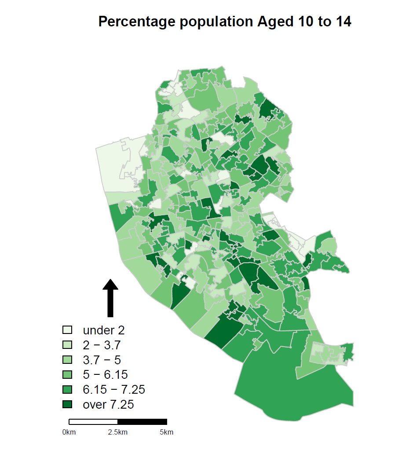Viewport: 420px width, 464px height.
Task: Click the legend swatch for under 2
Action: [x=67, y=330]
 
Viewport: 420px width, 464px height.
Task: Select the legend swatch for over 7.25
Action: [x=67, y=405]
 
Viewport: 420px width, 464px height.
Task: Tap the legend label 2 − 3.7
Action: [x=102, y=345]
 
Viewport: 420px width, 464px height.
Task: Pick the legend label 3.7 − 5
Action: [x=102, y=360]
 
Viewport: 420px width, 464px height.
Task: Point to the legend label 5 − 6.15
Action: [x=105, y=375]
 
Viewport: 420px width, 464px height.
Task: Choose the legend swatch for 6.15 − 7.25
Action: [x=67, y=390]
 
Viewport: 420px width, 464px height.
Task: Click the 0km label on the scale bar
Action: [x=69, y=432]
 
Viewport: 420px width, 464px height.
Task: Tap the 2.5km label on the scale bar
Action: [x=118, y=432]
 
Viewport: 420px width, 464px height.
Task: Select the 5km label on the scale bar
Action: [x=167, y=432]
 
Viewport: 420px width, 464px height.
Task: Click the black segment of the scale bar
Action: [x=142, y=422]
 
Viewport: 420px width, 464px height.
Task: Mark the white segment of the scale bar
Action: [x=93, y=422]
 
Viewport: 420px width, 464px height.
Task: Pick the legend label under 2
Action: [x=104, y=330]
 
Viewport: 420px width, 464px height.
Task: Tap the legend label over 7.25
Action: [x=108, y=405]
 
